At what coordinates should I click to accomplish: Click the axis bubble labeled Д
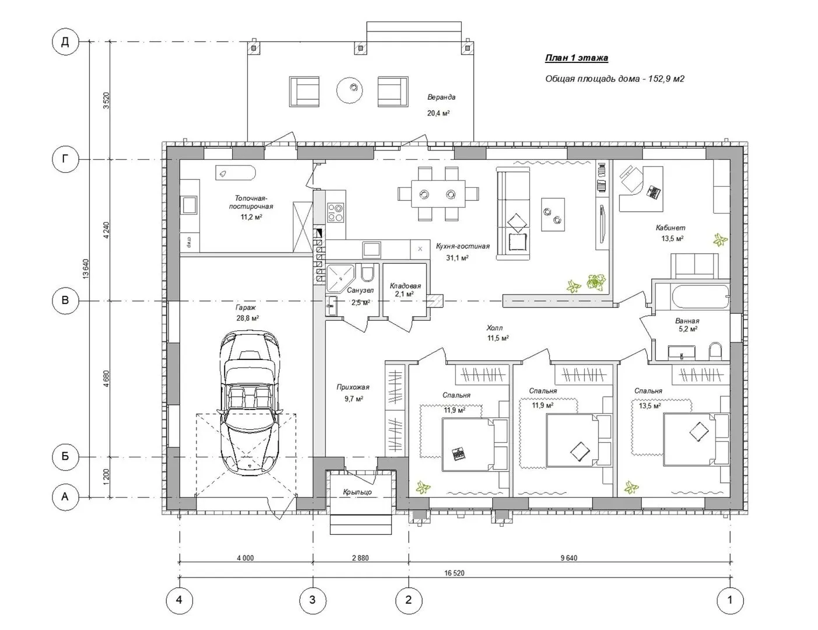pyautogui.click(x=65, y=42)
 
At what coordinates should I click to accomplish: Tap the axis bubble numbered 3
pyautogui.click(x=313, y=600)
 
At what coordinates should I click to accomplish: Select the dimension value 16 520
pyautogui.click(x=454, y=573)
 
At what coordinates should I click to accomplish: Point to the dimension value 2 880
pyautogui.click(x=360, y=558)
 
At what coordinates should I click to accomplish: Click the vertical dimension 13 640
pyautogui.click(x=86, y=269)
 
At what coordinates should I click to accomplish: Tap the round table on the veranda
pyautogui.click(x=350, y=90)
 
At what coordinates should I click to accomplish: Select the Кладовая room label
pyautogui.click(x=405, y=286)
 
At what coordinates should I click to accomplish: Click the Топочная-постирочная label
pyautogui.click(x=251, y=202)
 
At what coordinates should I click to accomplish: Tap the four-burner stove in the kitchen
pyautogui.click(x=335, y=213)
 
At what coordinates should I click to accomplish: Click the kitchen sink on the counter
pyautogui.click(x=371, y=249)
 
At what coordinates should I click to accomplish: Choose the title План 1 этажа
pyautogui.click(x=577, y=58)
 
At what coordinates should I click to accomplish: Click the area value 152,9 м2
pyautogui.click(x=666, y=79)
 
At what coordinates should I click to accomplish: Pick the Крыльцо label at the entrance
pyautogui.click(x=357, y=492)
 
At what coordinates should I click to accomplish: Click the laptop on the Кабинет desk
pyautogui.click(x=654, y=192)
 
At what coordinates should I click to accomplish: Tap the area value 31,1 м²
pyautogui.click(x=457, y=258)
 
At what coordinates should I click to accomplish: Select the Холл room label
pyautogui.click(x=494, y=328)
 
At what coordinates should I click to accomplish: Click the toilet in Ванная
pyautogui.click(x=715, y=351)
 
